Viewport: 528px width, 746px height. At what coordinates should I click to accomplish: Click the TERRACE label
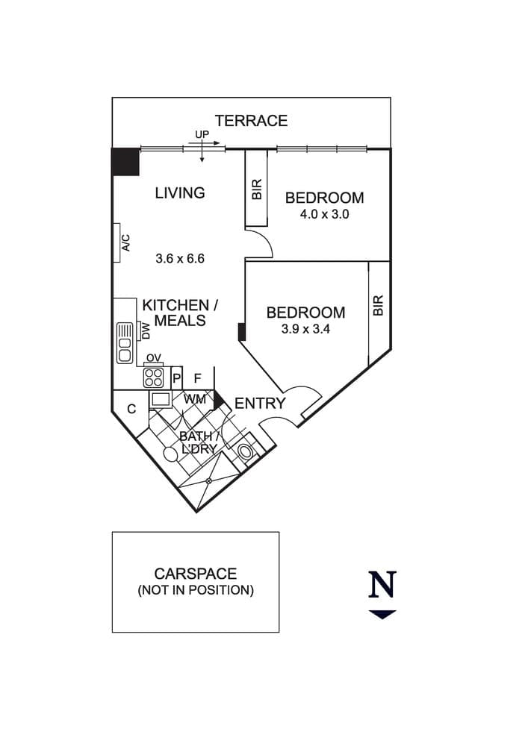click(251, 121)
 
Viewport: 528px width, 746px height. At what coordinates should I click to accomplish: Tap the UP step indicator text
click(202, 134)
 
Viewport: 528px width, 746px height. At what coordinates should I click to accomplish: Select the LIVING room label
click(180, 192)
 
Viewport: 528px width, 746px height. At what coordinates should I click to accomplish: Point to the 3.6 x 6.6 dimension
click(180, 258)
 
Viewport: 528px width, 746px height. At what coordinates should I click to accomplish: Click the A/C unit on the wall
click(117, 242)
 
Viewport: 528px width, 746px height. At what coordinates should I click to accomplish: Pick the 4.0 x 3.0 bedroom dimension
click(324, 214)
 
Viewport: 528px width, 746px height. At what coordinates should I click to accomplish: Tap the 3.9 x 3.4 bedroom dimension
click(305, 329)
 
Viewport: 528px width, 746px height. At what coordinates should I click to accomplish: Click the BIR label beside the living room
click(257, 189)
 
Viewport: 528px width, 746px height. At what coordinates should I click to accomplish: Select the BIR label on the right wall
click(378, 305)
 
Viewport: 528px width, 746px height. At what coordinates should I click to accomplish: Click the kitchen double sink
click(125, 342)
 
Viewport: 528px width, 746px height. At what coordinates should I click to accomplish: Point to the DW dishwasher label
click(146, 331)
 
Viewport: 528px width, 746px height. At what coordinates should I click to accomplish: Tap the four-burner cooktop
click(153, 377)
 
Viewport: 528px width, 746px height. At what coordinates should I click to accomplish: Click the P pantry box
click(177, 378)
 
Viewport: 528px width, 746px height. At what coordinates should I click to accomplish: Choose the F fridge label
click(198, 378)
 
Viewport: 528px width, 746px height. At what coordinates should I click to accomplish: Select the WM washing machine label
click(195, 398)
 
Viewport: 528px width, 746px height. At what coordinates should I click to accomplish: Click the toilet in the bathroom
click(246, 451)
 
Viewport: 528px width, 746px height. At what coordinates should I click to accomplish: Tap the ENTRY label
click(260, 404)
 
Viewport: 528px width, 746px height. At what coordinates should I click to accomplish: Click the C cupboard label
click(131, 409)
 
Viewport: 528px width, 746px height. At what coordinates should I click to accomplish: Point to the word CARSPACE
click(195, 573)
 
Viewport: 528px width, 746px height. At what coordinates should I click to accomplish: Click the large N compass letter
click(382, 585)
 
